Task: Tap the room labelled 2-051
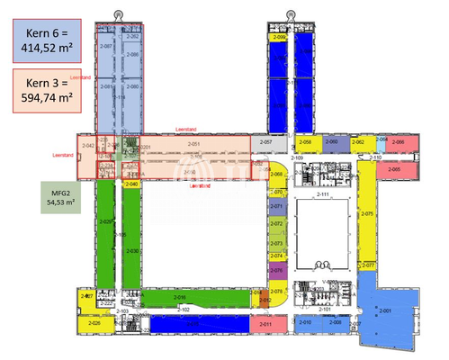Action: [192, 144]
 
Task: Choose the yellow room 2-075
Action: [367, 215]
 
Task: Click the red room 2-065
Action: [394, 169]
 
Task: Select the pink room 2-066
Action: [400, 142]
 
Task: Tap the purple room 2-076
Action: [277, 269]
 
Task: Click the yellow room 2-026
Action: [94, 323]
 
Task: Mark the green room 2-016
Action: [180, 297]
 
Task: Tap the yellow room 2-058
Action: [305, 142]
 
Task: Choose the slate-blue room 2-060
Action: [332, 142]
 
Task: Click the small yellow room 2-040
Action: [132, 184]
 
